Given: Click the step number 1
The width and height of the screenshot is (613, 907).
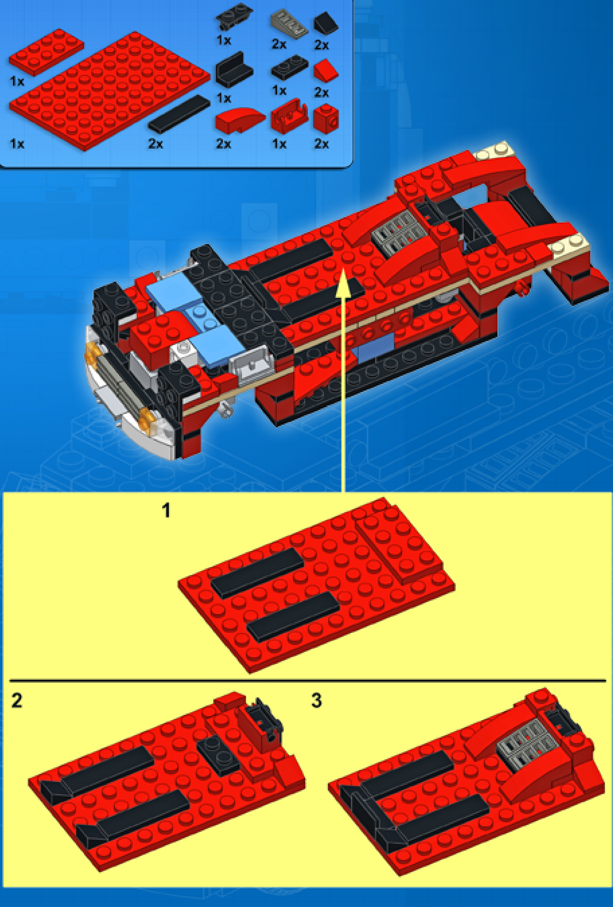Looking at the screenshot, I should (166, 511).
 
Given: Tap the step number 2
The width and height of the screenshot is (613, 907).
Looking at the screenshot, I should (17, 701).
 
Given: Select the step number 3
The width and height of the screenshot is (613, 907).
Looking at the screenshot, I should (316, 701).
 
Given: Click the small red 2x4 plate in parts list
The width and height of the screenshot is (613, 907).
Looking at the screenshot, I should (46, 51).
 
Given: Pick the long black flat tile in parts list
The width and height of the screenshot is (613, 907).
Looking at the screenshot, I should (179, 113).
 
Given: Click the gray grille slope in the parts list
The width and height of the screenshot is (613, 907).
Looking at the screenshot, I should (289, 24).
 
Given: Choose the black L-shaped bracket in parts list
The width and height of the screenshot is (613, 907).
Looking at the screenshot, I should (233, 69).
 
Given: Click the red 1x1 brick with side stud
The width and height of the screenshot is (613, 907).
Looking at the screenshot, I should (326, 119).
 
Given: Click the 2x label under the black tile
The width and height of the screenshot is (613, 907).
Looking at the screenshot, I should (156, 144).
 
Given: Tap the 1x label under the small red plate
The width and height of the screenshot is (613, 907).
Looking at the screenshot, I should (17, 81).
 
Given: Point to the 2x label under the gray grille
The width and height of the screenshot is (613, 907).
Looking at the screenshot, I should (279, 44).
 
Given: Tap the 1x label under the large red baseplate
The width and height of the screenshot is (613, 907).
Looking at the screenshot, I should (17, 144).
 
